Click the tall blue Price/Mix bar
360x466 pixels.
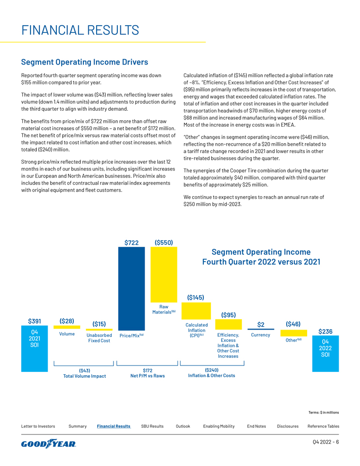[131, 288]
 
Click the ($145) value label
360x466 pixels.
[196, 297]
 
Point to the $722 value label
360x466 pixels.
[131, 242]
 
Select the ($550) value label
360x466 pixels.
[164, 242]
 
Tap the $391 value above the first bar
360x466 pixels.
[34, 321]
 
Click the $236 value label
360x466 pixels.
[325, 332]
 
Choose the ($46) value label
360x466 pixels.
[293, 323]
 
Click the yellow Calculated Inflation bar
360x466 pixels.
[196, 311]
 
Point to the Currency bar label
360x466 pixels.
[261, 335]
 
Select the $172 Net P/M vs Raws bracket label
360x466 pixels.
[147, 373]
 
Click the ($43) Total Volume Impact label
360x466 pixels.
[84, 373]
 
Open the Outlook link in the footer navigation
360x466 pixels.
[183, 426]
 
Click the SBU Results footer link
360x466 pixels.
[152, 426]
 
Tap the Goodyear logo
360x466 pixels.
[49, 444]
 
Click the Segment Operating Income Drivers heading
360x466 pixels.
[84, 62]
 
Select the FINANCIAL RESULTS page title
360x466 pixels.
[80, 30]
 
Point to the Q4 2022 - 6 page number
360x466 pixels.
[325, 442]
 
